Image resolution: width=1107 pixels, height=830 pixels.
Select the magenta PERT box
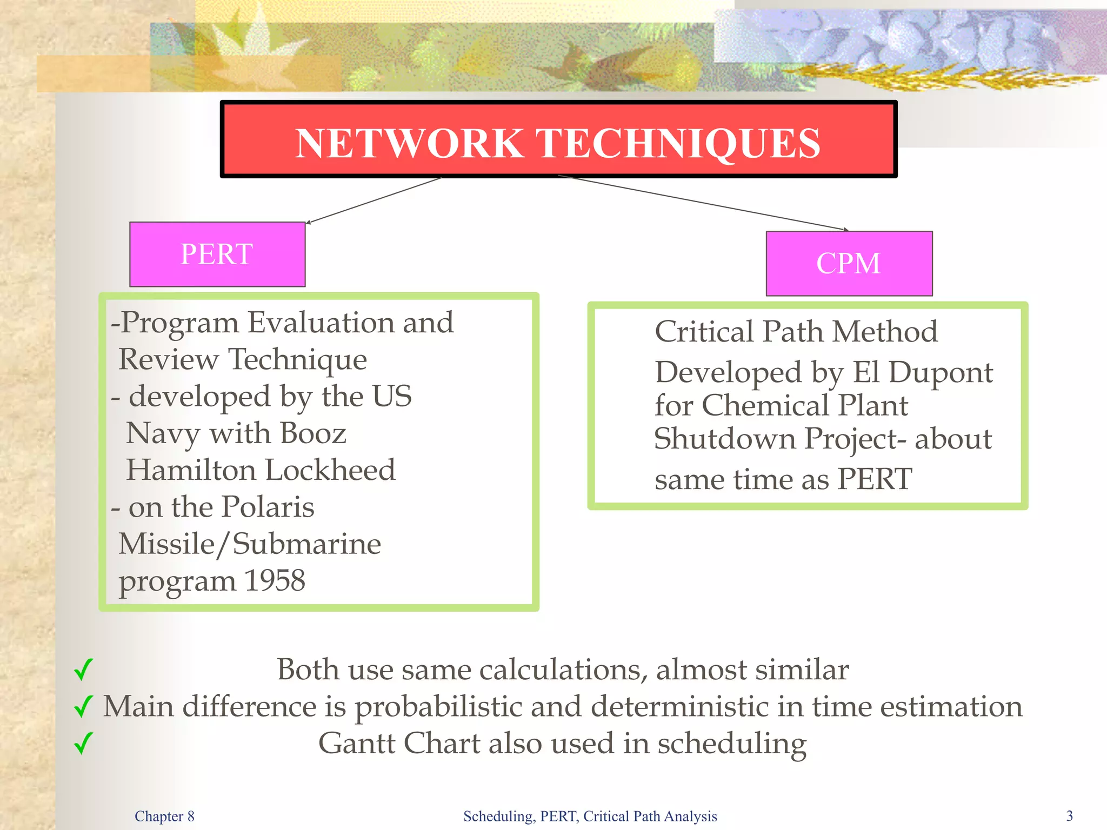(217, 254)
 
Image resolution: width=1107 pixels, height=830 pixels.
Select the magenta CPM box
(849, 264)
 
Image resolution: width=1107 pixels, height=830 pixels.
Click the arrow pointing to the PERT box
(373, 200)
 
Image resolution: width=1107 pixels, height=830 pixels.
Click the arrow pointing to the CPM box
(703, 203)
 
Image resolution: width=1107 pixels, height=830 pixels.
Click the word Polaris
(268, 507)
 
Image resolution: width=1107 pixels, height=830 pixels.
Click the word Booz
(313, 433)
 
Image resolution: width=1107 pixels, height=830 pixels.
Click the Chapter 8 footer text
(164, 816)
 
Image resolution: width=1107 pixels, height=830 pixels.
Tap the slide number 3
(1069, 816)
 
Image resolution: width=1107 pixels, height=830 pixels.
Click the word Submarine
(306, 544)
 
